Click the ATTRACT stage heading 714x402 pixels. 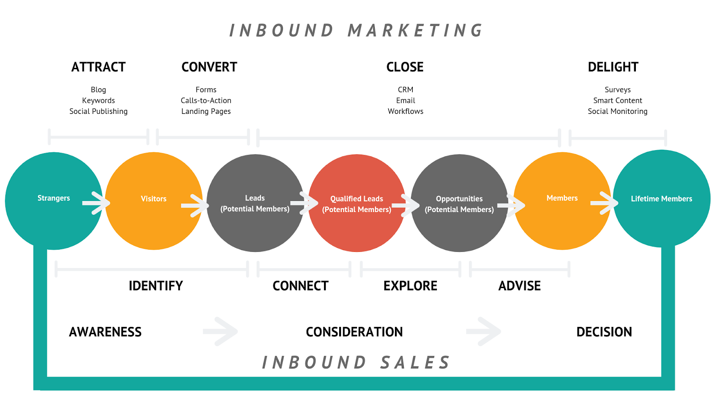(x=99, y=67)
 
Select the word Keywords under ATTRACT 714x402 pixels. (x=99, y=100)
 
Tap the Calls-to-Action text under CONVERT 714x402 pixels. (x=206, y=100)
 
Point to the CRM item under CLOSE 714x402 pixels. (x=406, y=90)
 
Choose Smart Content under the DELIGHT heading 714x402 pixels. (x=618, y=100)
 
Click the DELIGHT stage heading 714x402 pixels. (x=613, y=67)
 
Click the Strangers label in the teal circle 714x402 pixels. (x=54, y=198)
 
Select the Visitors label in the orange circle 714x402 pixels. (x=154, y=199)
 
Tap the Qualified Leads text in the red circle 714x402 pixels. (x=357, y=199)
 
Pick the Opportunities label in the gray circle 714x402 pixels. (x=459, y=199)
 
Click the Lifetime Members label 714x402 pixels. (x=661, y=199)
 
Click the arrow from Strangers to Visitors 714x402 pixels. (x=96, y=203)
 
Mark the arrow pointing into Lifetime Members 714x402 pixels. (x=604, y=203)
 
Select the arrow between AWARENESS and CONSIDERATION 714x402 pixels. (x=220, y=331)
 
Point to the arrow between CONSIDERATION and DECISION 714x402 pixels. (x=484, y=331)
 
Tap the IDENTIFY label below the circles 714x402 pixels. (x=156, y=286)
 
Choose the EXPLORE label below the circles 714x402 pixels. (x=410, y=286)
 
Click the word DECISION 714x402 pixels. (x=604, y=332)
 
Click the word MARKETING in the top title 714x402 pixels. (x=415, y=31)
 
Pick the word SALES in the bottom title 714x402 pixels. (x=415, y=363)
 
